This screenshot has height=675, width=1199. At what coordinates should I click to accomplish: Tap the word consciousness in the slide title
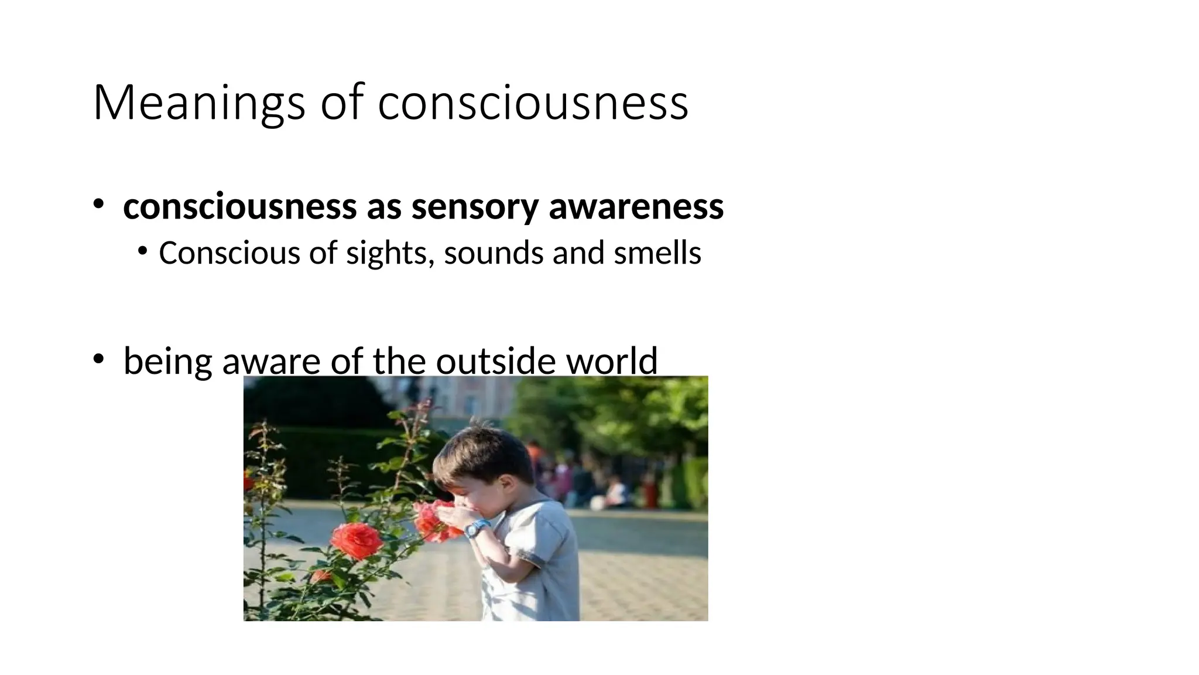click(533, 103)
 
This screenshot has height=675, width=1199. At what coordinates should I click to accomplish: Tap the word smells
click(657, 253)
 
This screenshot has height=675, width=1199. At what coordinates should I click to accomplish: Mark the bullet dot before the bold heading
click(98, 204)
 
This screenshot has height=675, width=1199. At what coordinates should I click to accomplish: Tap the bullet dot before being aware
click(98, 358)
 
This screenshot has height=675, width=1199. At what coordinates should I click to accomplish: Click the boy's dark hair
click(486, 451)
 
